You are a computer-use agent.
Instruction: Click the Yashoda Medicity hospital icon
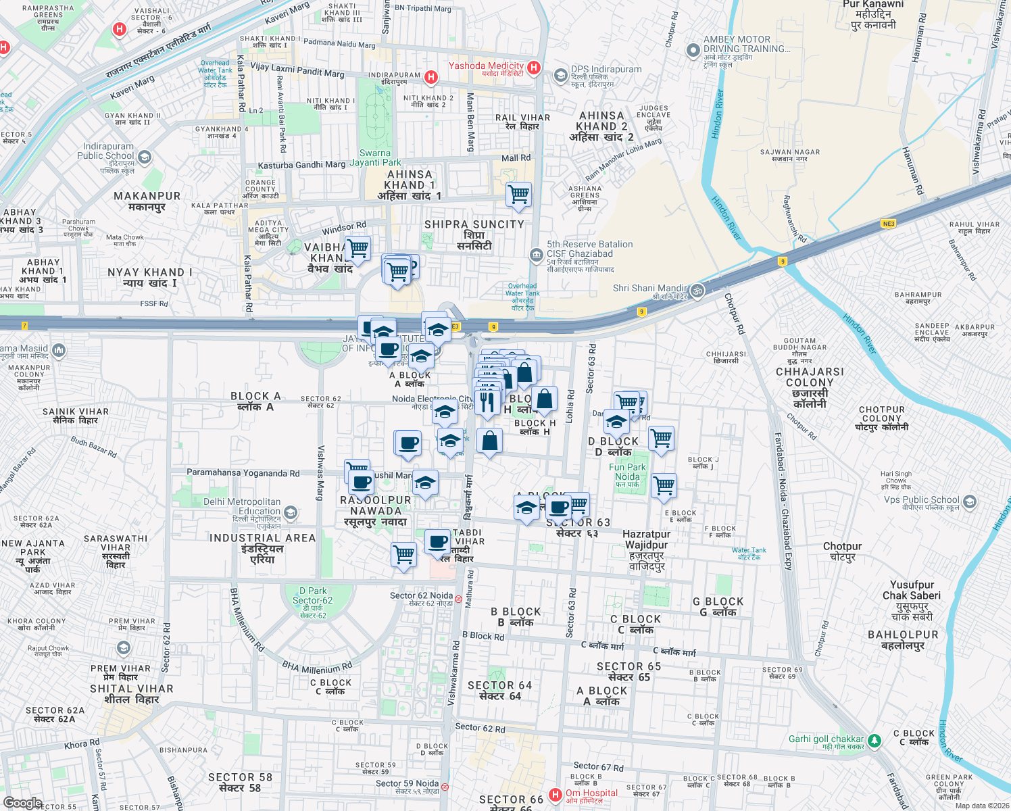(x=534, y=67)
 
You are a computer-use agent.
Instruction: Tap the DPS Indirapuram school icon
(x=560, y=75)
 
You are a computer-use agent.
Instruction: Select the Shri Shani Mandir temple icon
(x=697, y=291)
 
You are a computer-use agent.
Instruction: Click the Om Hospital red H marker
(x=556, y=795)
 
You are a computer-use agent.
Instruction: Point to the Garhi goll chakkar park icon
(x=874, y=741)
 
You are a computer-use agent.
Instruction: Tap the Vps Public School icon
(x=970, y=502)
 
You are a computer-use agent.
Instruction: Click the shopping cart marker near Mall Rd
(x=518, y=195)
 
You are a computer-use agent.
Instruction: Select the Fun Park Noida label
(x=628, y=472)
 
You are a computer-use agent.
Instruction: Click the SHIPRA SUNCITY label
(x=474, y=224)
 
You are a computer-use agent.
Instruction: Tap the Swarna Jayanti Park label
(x=375, y=157)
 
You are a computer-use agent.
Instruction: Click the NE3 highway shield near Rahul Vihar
(x=889, y=224)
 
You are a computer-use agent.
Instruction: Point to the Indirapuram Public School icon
(x=144, y=157)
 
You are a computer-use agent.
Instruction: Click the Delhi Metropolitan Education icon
(x=291, y=512)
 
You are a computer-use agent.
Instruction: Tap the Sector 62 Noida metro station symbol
(x=458, y=599)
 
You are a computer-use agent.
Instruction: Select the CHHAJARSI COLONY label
(x=810, y=377)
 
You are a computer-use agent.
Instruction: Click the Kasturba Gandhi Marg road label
(x=301, y=165)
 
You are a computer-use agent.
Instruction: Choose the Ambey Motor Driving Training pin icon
(x=693, y=50)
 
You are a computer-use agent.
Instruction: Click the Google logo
(x=22, y=803)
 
